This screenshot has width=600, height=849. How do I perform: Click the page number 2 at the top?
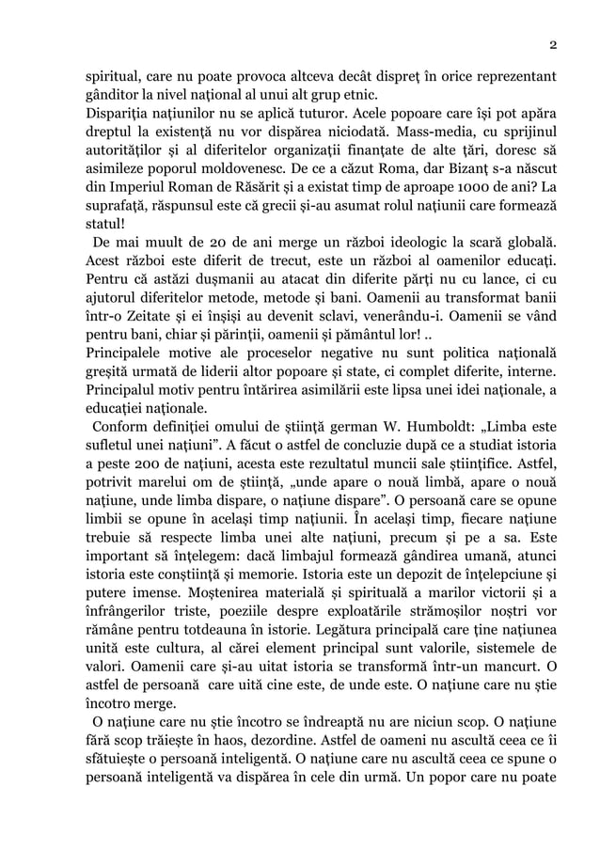pyautogui.click(x=553, y=45)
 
